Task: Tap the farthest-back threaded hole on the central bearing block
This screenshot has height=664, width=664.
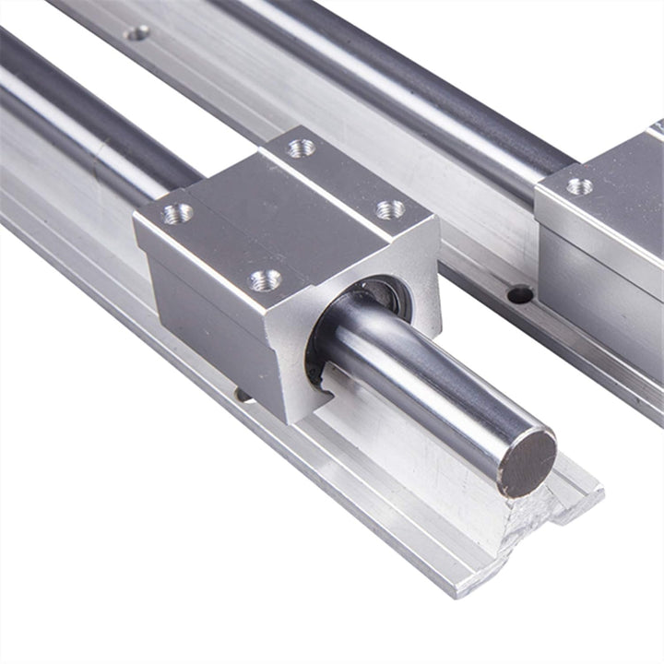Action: tap(301, 148)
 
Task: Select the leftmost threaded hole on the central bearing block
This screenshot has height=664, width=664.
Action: tap(177, 214)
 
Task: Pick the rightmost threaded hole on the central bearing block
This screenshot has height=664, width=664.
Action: tap(390, 209)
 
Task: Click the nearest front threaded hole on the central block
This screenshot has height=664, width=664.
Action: tap(266, 279)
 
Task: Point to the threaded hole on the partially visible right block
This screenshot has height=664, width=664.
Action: tap(579, 185)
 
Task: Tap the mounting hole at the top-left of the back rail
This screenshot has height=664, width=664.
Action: tap(136, 33)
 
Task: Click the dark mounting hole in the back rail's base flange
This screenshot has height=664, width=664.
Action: tap(520, 294)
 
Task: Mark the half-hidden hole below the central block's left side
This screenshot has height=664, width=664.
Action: tap(243, 394)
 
